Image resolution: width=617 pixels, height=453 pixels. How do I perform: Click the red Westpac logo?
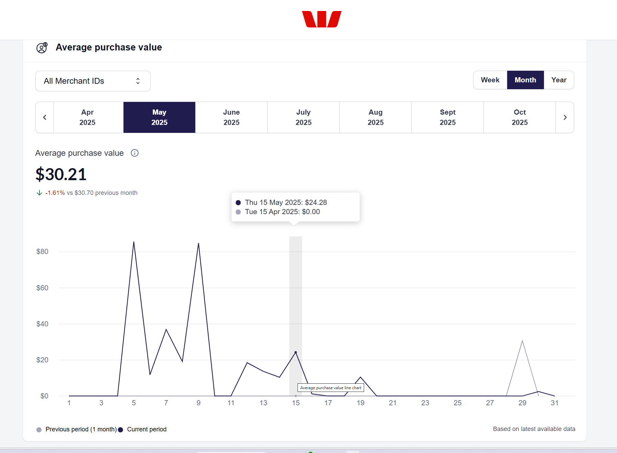[322, 19]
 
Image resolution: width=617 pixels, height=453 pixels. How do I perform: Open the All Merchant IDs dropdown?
[93, 81]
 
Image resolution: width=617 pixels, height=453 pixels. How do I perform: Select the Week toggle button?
[490, 80]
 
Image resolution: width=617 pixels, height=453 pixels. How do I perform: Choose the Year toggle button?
[559, 80]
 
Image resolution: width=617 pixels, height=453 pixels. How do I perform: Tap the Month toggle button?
[525, 80]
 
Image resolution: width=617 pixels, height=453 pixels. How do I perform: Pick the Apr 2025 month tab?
[88, 117]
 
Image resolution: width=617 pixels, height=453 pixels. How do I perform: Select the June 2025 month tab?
[231, 117]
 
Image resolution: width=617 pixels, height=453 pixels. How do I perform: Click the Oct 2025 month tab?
[520, 117]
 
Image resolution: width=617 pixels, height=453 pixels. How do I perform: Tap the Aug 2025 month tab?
[375, 117]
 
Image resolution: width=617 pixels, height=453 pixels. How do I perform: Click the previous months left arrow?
[45, 117]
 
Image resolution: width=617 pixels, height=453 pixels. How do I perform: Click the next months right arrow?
[565, 117]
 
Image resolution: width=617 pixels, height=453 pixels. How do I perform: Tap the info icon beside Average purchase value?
[135, 153]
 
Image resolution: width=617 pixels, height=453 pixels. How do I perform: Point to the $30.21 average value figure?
[61, 174]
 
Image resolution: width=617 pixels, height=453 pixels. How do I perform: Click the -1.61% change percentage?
[55, 193]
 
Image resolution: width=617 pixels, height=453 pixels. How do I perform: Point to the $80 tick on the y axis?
[42, 252]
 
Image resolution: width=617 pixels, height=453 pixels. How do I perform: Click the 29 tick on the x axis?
[522, 403]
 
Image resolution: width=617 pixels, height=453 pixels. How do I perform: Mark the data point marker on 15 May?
[296, 352]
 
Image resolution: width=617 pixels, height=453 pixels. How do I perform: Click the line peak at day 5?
[134, 242]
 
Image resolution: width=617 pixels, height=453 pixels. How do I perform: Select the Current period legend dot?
[120, 430]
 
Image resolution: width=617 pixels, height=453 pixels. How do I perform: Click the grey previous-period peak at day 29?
[522, 341]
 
